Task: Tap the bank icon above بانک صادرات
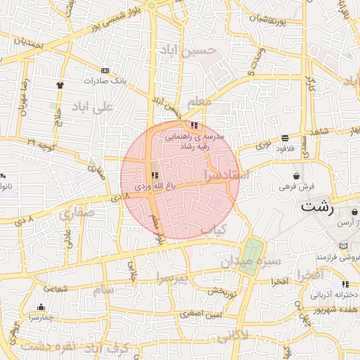click(105, 70)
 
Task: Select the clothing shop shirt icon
click(60, 84)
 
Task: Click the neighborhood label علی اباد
click(91, 108)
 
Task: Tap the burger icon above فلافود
click(284, 139)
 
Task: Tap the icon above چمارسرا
click(41, 307)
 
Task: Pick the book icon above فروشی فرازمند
click(343, 246)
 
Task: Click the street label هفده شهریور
click(329, 307)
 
